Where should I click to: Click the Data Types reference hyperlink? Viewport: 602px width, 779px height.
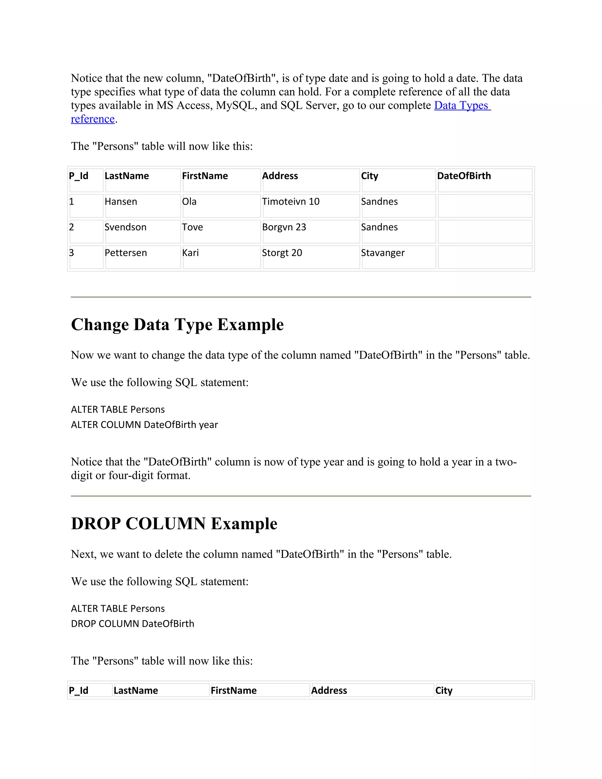point(462,106)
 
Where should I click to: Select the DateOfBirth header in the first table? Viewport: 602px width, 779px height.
point(464,176)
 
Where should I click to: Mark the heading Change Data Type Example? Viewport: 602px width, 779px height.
point(177,325)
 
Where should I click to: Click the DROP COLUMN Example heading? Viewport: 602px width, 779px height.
point(174,524)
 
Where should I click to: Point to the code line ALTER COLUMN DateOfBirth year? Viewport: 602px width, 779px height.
point(144,425)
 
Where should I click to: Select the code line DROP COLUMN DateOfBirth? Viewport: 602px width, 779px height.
point(132,624)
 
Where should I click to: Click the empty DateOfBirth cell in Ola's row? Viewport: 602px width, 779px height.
point(485,206)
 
